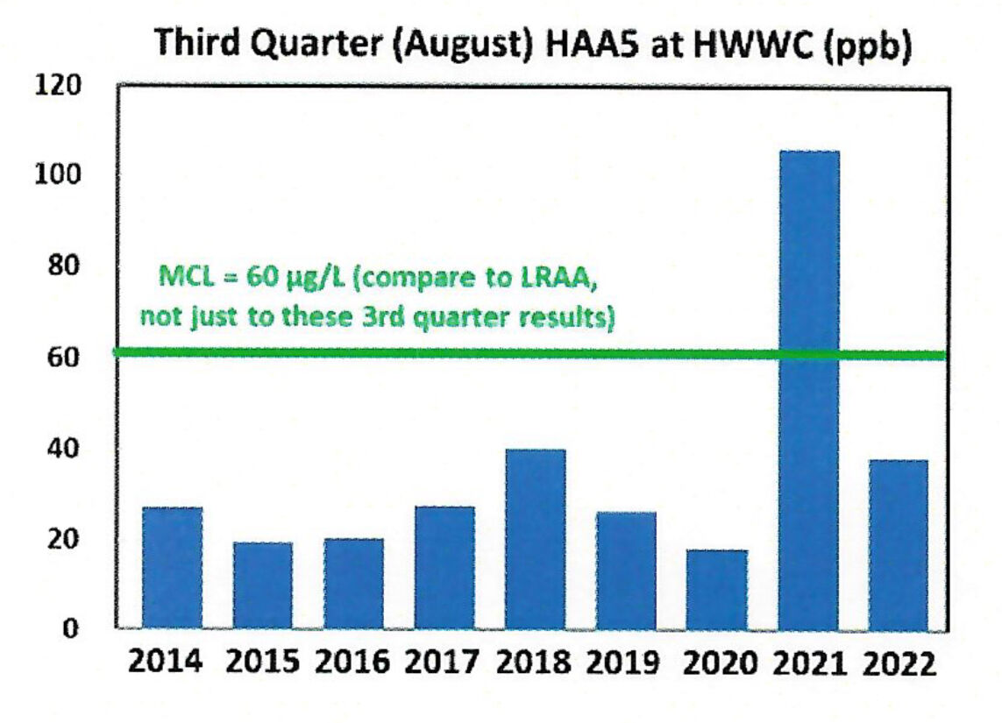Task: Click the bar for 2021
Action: tap(808, 390)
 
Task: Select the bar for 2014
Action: tap(173, 568)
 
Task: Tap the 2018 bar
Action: tap(535, 539)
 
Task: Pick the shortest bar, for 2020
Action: tap(716, 589)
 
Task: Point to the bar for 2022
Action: tap(898, 544)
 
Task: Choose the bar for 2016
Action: tap(353, 584)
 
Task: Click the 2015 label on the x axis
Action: tap(263, 661)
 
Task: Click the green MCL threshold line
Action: tap(438, 353)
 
